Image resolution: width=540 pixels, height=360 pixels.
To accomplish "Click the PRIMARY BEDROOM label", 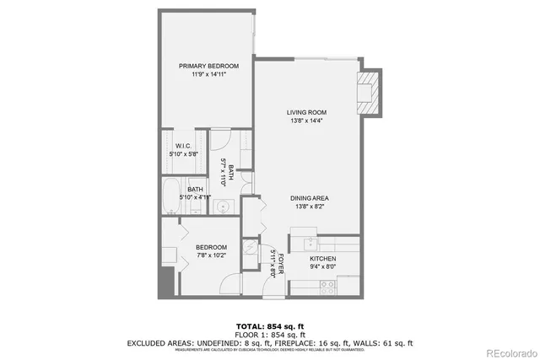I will tap(208, 66).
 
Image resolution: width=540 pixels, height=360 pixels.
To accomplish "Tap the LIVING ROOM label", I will tap(306, 112).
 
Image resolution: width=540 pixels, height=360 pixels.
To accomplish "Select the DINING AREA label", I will tap(306, 197).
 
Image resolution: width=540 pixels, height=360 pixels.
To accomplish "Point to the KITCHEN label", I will tap(322, 258).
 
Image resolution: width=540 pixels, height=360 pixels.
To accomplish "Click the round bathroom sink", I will tap(224, 206).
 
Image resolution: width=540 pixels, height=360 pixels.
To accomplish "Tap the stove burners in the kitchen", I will tap(326, 284).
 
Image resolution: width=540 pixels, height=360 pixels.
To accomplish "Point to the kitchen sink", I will tap(300, 244).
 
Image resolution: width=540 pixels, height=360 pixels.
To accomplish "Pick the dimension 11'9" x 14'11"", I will tap(208, 75).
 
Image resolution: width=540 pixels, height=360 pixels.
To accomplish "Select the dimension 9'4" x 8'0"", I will tap(322, 267).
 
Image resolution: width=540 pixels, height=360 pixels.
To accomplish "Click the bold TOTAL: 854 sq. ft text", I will tap(270, 325).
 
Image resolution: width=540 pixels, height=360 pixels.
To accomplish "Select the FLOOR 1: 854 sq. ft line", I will tap(270, 335).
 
